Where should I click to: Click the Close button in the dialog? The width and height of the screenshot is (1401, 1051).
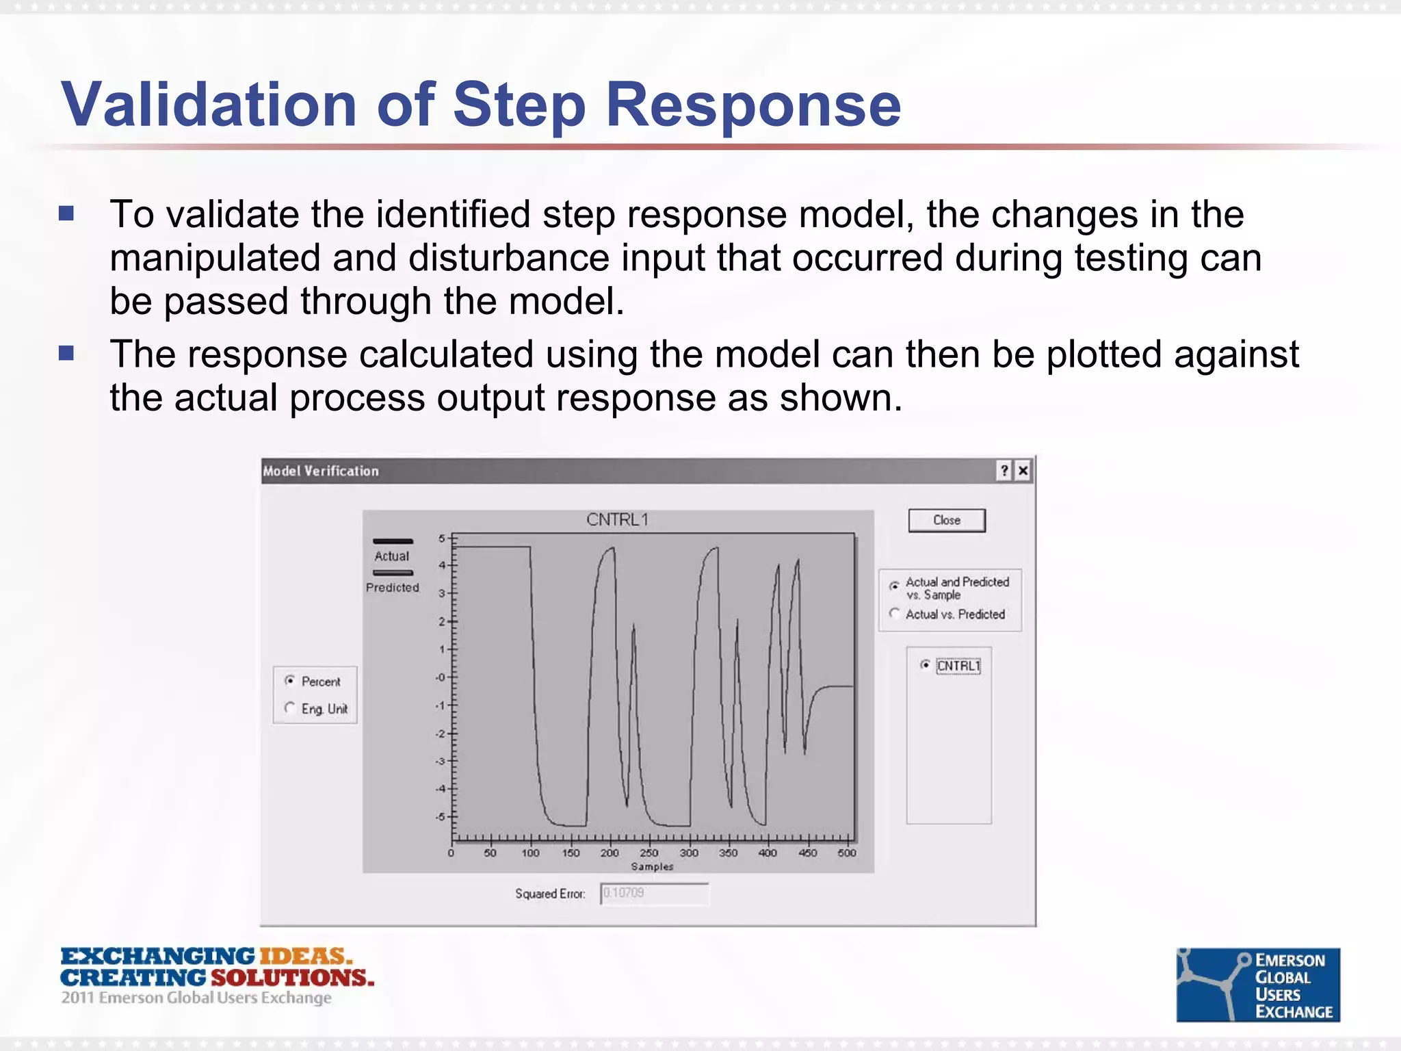click(x=946, y=520)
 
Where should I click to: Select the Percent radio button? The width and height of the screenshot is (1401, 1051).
click(x=290, y=681)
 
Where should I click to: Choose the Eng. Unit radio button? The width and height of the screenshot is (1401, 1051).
click(x=290, y=708)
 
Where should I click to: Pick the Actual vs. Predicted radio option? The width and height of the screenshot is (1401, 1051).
click(x=894, y=614)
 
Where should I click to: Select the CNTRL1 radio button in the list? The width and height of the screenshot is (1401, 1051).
click(x=925, y=665)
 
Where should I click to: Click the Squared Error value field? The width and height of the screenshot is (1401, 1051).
click(x=654, y=894)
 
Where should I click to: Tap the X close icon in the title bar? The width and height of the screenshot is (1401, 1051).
click(x=1023, y=471)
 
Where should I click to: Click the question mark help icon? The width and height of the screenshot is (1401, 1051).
click(x=1004, y=471)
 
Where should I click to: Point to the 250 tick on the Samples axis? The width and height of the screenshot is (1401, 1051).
click(x=649, y=853)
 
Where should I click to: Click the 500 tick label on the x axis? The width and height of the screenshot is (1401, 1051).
click(x=847, y=853)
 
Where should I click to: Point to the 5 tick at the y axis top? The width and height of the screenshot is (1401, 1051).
click(x=442, y=538)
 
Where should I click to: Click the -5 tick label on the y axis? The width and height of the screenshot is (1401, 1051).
click(x=441, y=816)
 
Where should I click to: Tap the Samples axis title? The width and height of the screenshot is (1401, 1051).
click(x=652, y=866)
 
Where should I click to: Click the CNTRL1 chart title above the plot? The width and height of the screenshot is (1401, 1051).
click(x=617, y=520)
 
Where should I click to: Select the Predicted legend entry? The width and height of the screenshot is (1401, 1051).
click(x=392, y=587)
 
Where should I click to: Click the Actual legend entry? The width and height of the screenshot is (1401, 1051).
click(x=392, y=556)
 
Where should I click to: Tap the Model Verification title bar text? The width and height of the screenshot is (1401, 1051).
click(x=321, y=471)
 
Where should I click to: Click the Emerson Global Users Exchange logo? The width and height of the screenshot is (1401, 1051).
click(x=1257, y=985)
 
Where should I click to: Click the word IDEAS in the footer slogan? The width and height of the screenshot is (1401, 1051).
click(x=304, y=957)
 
